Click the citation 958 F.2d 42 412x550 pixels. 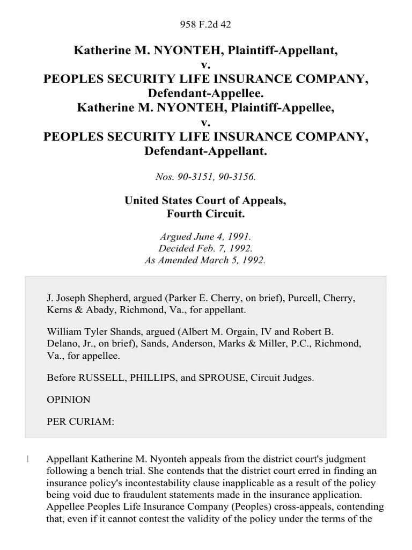[205, 24]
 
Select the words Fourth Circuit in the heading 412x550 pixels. [205, 213]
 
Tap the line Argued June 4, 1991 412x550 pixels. [205, 237]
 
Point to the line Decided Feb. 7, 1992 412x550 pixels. [205, 249]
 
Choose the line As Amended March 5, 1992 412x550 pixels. [205, 260]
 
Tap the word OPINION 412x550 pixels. [69, 400]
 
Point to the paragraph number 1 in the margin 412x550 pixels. [27, 460]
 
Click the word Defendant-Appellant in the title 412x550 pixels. [205, 151]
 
